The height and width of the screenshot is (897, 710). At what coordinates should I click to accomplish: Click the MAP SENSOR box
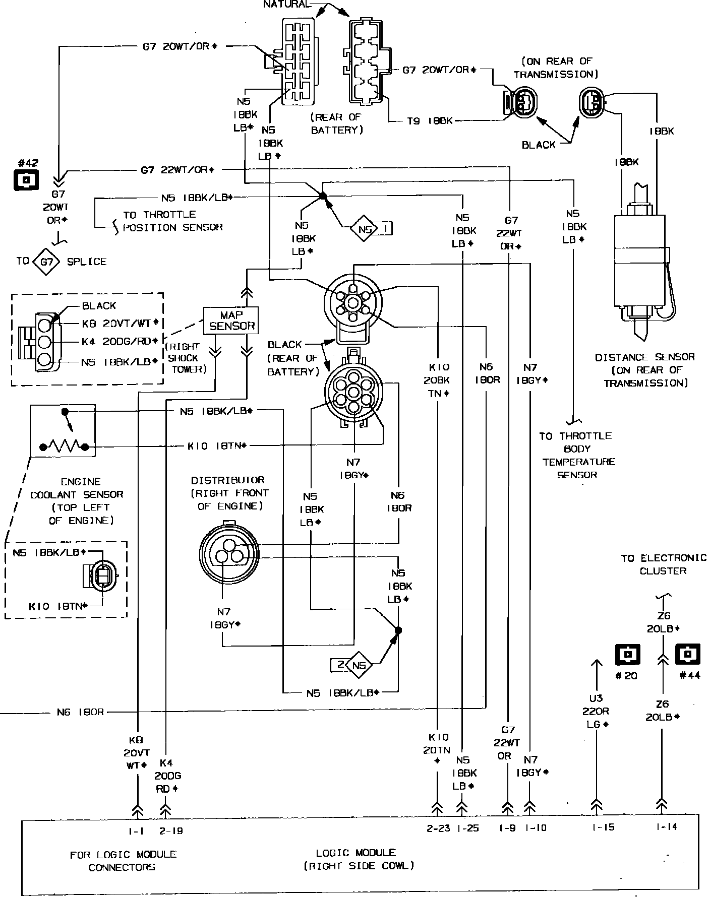tap(231, 321)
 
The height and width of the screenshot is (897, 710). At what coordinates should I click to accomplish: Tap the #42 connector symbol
tap(26, 179)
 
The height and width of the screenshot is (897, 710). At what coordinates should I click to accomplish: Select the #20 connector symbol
tap(627, 655)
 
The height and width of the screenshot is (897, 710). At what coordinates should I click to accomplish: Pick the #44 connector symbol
tap(688, 655)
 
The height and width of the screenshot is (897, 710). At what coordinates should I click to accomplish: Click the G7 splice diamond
tap(46, 262)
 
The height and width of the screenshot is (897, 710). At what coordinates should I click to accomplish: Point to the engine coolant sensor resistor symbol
tap(64, 446)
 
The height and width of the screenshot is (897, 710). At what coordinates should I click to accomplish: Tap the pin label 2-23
tap(438, 828)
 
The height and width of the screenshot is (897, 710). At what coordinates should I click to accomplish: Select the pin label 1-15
tap(603, 827)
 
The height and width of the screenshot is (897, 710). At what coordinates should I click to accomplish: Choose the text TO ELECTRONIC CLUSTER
tap(663, 564)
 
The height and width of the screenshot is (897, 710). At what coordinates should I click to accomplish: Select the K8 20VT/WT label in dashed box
tap(120, 323)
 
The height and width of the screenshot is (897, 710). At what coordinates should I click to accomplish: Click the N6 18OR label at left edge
tap(80, 712)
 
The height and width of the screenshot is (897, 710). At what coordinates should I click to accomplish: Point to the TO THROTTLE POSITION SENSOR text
tap(172, 221)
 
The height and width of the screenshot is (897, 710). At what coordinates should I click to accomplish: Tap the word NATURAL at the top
tap(286, 4)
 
